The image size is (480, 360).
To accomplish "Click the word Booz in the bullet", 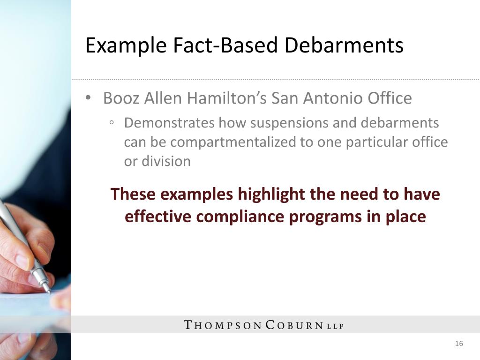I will pos(120,98).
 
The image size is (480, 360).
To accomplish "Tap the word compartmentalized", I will pos(227,142).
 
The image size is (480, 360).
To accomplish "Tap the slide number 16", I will pos(459,344).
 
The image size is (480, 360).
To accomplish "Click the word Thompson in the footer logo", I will pos(223,325).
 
